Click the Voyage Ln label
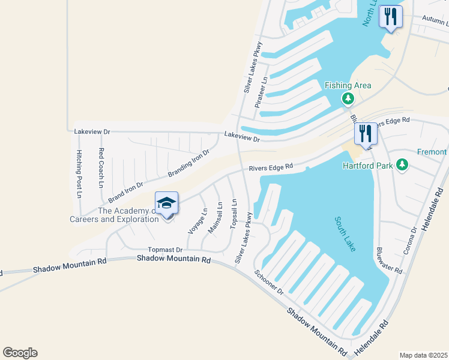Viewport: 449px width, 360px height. point(197,221)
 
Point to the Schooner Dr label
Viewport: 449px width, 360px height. point(268,281)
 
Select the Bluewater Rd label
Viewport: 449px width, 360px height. point(389,261)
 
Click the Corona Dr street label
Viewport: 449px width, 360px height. point(410,241)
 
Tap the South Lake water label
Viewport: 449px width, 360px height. point(345,234)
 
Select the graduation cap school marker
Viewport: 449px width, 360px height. point(167,203)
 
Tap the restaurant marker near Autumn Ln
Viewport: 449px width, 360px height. point(391,17)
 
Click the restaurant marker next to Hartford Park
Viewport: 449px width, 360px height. point(366,133)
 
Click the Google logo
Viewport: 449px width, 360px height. point(20,353)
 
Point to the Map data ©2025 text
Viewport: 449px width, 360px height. point(423,355)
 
